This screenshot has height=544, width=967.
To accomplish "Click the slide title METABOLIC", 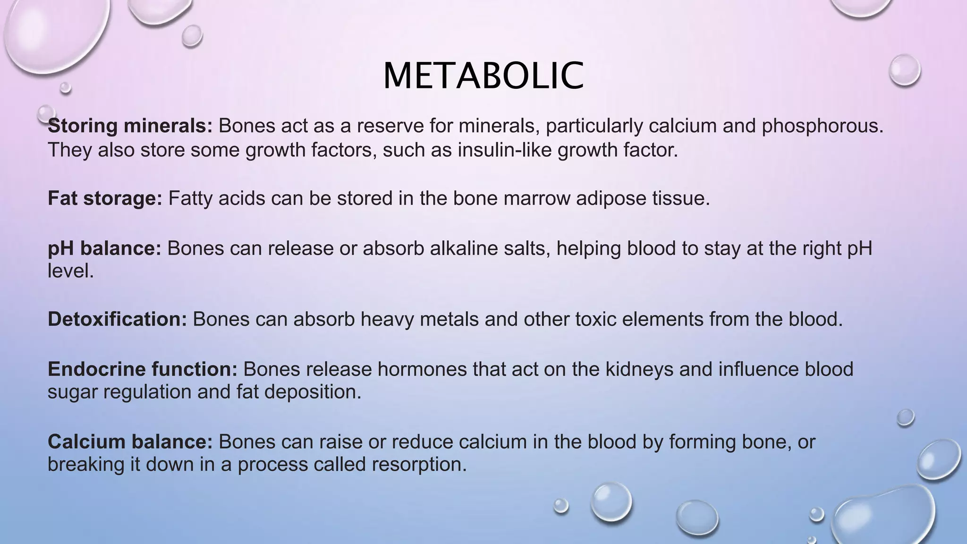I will (483, 76).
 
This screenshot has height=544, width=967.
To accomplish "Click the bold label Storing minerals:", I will (130, 126).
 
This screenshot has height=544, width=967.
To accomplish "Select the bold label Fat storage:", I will (105, 198).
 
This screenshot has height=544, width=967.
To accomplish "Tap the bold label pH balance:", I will (104, 248).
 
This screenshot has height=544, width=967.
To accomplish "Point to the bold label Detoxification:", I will (118, 320).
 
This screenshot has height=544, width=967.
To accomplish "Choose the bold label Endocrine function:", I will (142, 369).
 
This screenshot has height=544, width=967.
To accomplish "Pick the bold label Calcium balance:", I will (130, 442).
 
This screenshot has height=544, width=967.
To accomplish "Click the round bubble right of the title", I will (904, 70).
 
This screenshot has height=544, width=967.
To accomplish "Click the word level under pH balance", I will (70, 271).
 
